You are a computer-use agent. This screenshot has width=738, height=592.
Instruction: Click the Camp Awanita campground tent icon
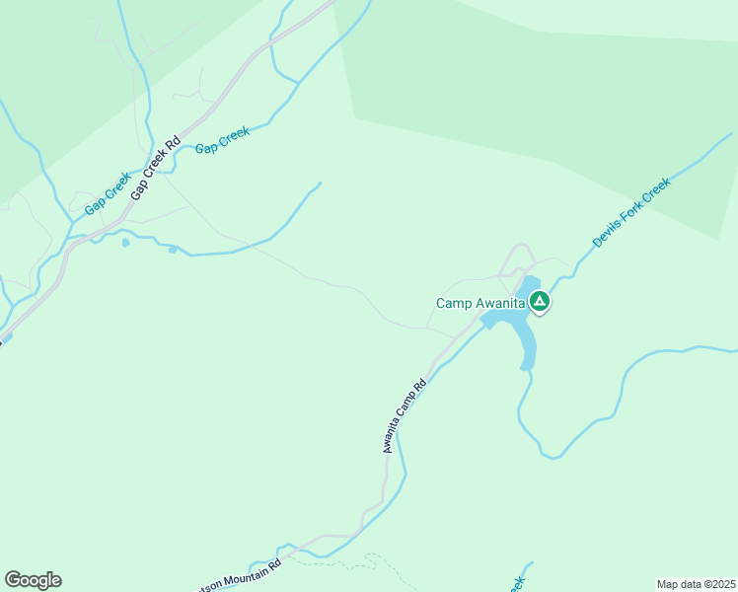540,302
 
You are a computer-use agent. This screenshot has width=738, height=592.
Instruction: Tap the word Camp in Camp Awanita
453,304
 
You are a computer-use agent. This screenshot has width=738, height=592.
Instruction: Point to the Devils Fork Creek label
631,212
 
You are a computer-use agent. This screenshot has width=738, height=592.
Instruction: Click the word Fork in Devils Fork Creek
632,211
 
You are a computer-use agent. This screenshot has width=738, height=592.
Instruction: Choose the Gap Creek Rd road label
156,170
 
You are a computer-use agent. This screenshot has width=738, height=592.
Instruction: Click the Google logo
33,580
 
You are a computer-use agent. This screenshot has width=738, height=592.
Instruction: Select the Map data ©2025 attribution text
695,584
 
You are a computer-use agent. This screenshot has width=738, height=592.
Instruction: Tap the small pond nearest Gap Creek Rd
125,243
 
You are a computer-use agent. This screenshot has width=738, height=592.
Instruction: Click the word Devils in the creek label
604,235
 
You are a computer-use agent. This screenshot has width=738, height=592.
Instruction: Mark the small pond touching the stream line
173,250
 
